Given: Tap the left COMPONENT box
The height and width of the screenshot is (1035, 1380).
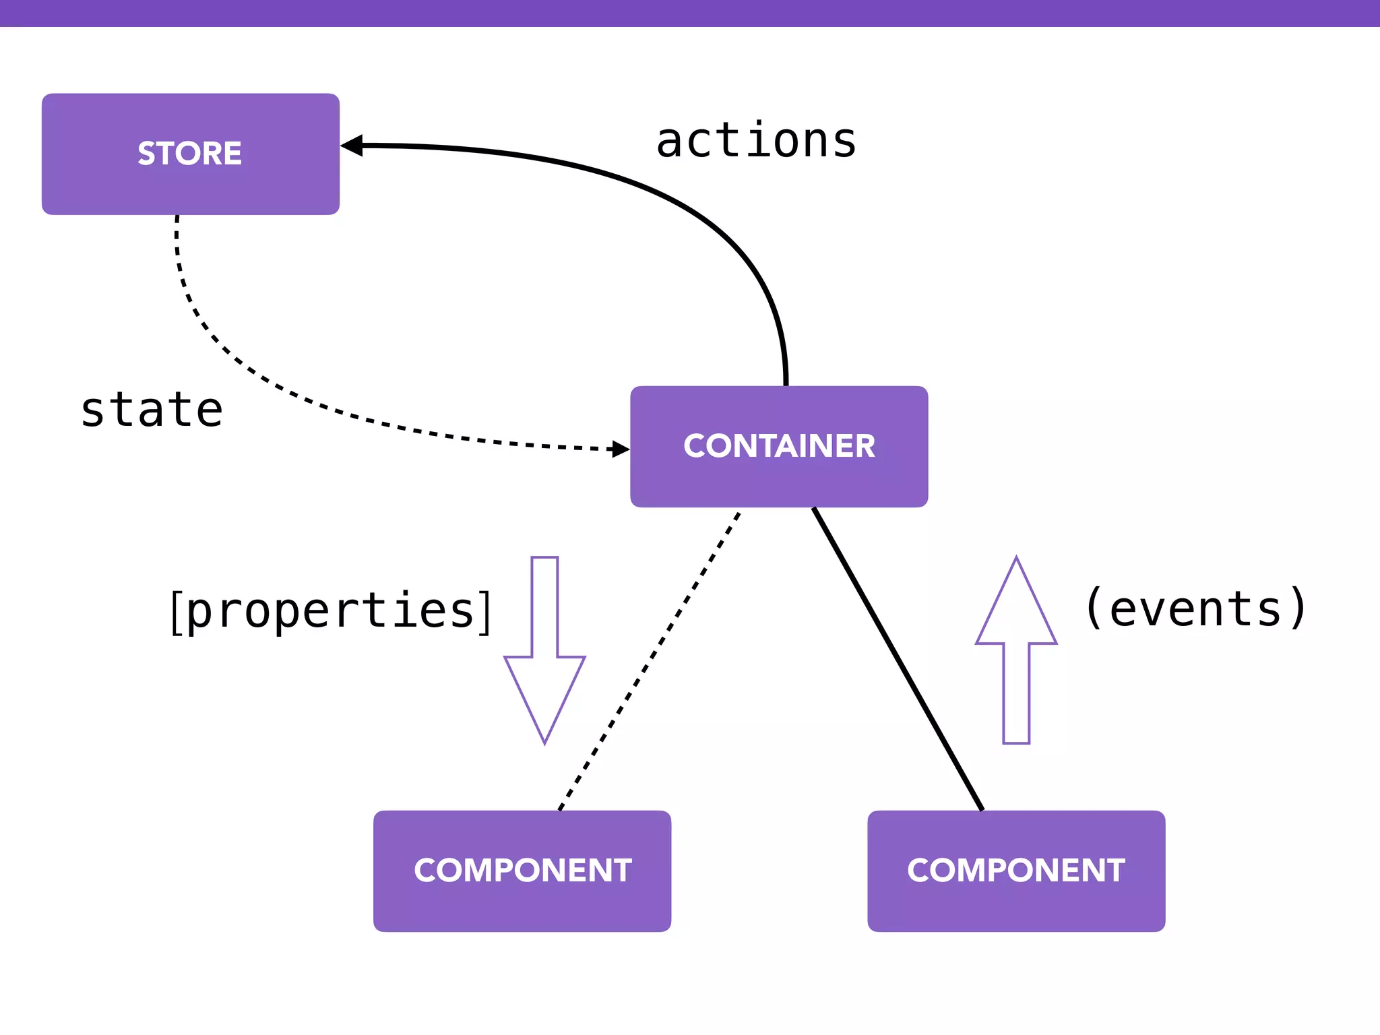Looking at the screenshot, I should [x=522, y=871].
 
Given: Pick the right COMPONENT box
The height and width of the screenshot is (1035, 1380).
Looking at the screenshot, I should [x=1016, y=871].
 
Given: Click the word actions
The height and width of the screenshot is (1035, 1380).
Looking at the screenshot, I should [x=756, y=141].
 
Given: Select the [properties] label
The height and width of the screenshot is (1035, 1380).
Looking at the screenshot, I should [x=330, y=610].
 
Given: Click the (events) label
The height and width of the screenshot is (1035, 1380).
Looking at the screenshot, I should [x=1195, y=608].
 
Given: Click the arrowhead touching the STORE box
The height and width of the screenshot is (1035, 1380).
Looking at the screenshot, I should [x=352, y=146].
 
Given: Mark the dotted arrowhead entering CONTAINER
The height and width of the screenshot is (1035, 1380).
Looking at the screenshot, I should [x=619, y=449].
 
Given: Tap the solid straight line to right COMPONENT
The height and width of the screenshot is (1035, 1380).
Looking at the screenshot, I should [x=898, y=659].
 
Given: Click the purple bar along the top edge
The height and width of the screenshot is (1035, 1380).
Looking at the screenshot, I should [x=690, y=13].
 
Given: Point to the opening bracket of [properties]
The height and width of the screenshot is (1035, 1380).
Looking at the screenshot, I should [x=176, y=612].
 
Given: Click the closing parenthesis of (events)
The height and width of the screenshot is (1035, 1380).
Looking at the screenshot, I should [x=1297, y=608].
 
